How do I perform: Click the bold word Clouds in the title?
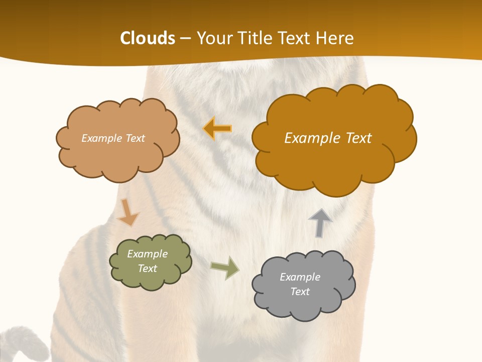coord(148,38)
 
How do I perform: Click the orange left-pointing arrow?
coord(217,129)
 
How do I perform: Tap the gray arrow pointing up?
coord(320,223)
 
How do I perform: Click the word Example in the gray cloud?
coord(300,277)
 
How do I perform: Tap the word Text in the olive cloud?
coord(148,268)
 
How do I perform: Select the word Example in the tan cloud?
coord(100,138)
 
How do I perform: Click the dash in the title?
coord(185,39)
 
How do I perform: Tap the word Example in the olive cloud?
coord(148,254)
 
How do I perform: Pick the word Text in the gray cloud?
coord(300,292)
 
